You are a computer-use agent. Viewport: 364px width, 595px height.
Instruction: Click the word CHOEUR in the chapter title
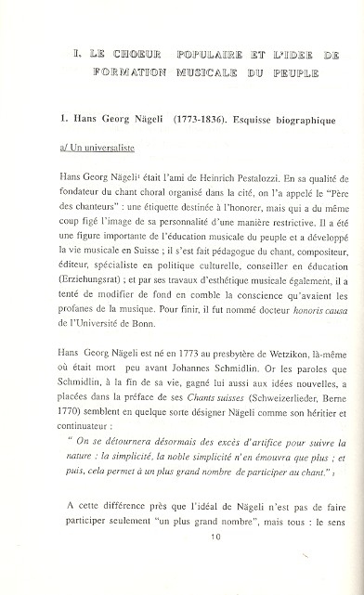pyautogui.click(x=138, y=56)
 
